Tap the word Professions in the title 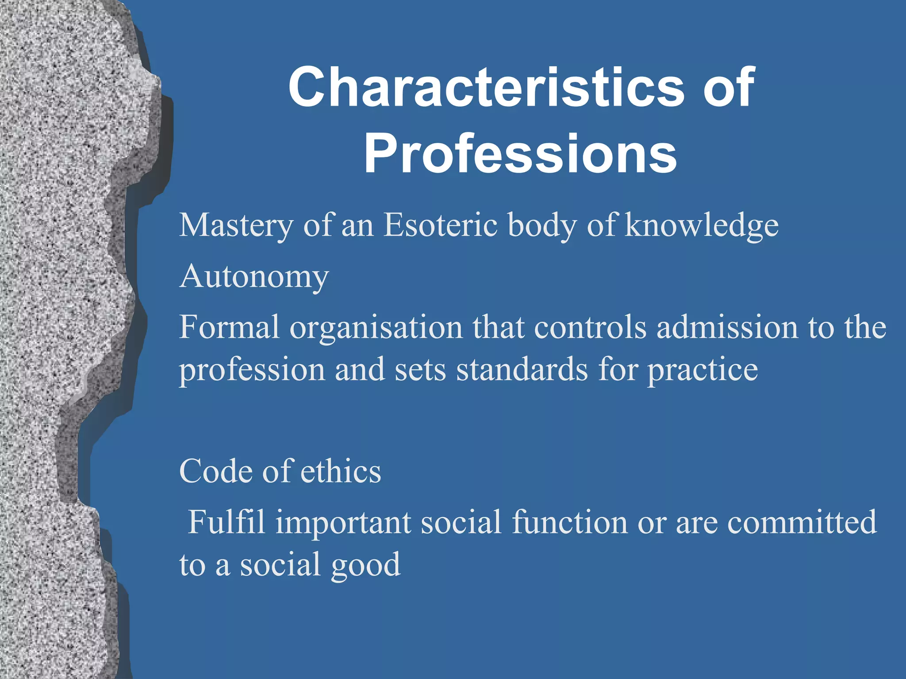520,154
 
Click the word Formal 229,327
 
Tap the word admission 727,327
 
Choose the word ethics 341,471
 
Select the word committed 802,522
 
